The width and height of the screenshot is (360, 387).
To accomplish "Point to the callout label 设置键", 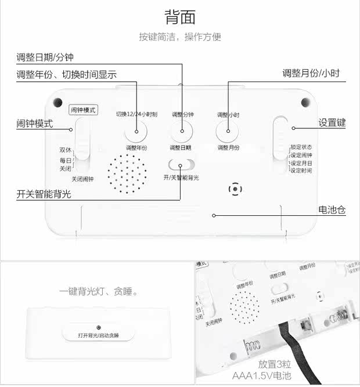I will click(x=332, y=123).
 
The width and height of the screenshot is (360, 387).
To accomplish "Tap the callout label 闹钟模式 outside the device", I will click(x=35, y=124).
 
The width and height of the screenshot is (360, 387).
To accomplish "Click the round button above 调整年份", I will click(x=136, y=132).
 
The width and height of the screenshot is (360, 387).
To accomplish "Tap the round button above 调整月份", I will click(x=228, y=132).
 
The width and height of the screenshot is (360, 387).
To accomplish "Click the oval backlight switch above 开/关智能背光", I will click(x=181, y=165).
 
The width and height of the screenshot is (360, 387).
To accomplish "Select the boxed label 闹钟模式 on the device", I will click(x=83, y=109).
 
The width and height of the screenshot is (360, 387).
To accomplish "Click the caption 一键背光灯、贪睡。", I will click(x=99, y=291).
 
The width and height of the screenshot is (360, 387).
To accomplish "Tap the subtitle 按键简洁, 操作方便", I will click(x=180, y=37).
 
